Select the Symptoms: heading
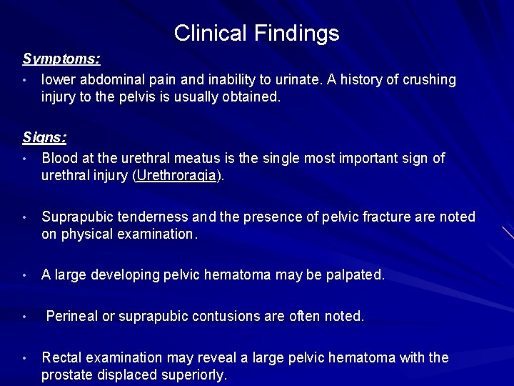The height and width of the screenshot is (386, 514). [x=61, y=59]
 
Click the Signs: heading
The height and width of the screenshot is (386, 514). [x=44, y=137]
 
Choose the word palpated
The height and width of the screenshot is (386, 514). [x=351, y=274]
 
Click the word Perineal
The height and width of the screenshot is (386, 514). [x=72, y=316]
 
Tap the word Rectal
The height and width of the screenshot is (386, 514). [x=60, y=357]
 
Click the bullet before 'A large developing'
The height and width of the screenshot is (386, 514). [x=24, y=275]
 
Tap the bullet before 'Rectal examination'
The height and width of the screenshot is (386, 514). [x=24, y=357]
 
